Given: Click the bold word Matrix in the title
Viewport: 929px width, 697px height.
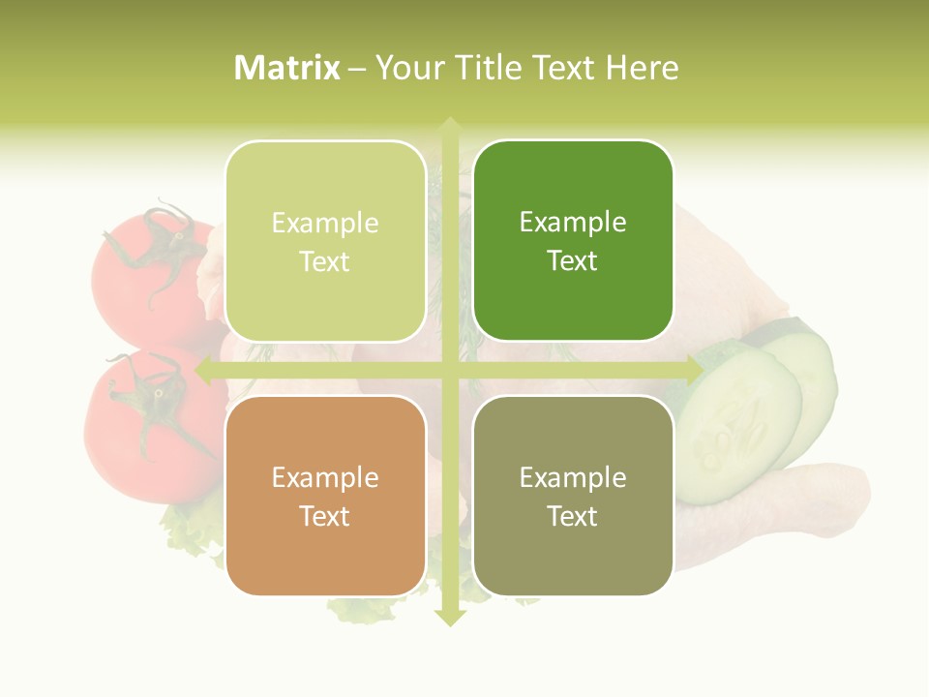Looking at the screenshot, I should pyautogui.click(x=287, y=68).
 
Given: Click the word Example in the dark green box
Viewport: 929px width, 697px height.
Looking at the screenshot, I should pyautogui.click(x=573, y=223).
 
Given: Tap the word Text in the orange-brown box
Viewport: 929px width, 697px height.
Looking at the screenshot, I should pyautogui.click(x=325, y=516).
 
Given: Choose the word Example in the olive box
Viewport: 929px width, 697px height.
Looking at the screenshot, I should pyautogui.click(x=573, y=477).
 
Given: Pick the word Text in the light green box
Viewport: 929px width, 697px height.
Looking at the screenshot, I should pyautogui.click(x=325, y=261).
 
